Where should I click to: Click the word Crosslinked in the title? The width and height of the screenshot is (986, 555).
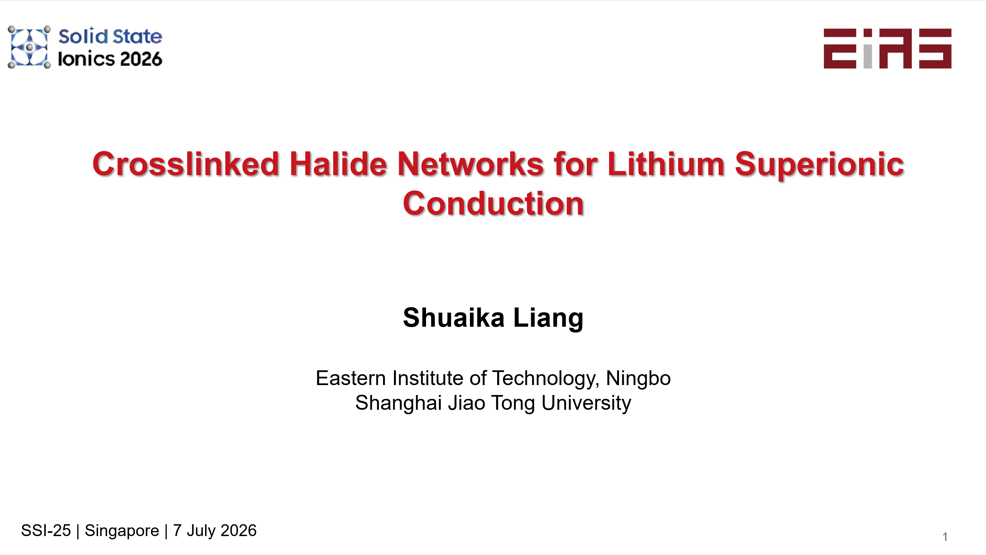point(186,164)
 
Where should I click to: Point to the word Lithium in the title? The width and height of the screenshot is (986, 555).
point(666,164)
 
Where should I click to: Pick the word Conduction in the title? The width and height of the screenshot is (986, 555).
point(493,204)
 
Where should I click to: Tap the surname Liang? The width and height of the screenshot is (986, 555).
point(548,318)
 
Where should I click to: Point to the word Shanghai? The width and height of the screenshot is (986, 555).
point(398,403)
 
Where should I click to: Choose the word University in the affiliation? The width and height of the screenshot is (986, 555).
point(586,403)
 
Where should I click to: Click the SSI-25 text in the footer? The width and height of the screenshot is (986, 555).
point(46,531)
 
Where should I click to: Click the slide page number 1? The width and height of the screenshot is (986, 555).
point(945,537)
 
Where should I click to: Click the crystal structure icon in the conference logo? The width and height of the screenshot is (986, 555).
point(29,47)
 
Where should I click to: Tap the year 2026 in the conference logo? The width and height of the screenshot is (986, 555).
point(141,59)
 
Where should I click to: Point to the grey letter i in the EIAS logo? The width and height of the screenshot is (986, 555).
point(868,49)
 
